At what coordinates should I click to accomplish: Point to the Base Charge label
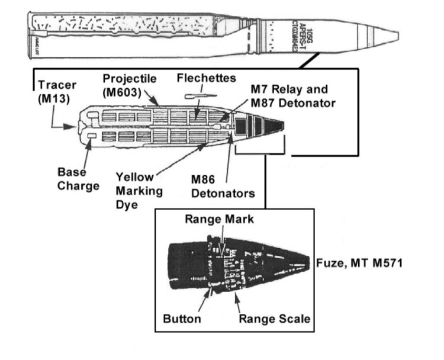point(78,178)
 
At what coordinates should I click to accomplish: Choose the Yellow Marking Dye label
point(135,189)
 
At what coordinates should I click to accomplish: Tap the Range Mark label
point(219,218)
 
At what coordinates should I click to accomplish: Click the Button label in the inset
point(182,319)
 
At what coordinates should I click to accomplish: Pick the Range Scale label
point(274,319)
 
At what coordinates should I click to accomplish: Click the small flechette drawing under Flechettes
point(197,95)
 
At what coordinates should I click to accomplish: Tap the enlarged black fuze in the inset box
point(237,265)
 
